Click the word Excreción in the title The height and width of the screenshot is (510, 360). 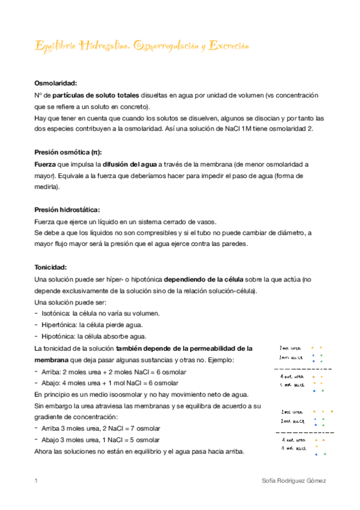pyautogui.click(x=228, y=46)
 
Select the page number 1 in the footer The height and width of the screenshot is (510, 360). pyautogui.click(x=37, y=481)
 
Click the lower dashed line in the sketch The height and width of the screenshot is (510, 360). pyautogui.click(x=305, y=432)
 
